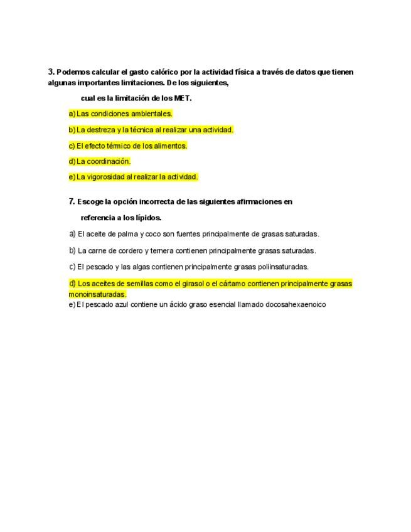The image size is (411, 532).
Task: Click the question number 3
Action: pyautogui.click(x=51, y=72)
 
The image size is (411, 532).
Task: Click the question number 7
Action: pyautogui.click(x=71, y=202)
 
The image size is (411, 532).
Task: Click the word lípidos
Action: pyautogui.click(x=149, y=218)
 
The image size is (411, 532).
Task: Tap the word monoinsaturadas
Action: pyautogui.click(x=97, y=294)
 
